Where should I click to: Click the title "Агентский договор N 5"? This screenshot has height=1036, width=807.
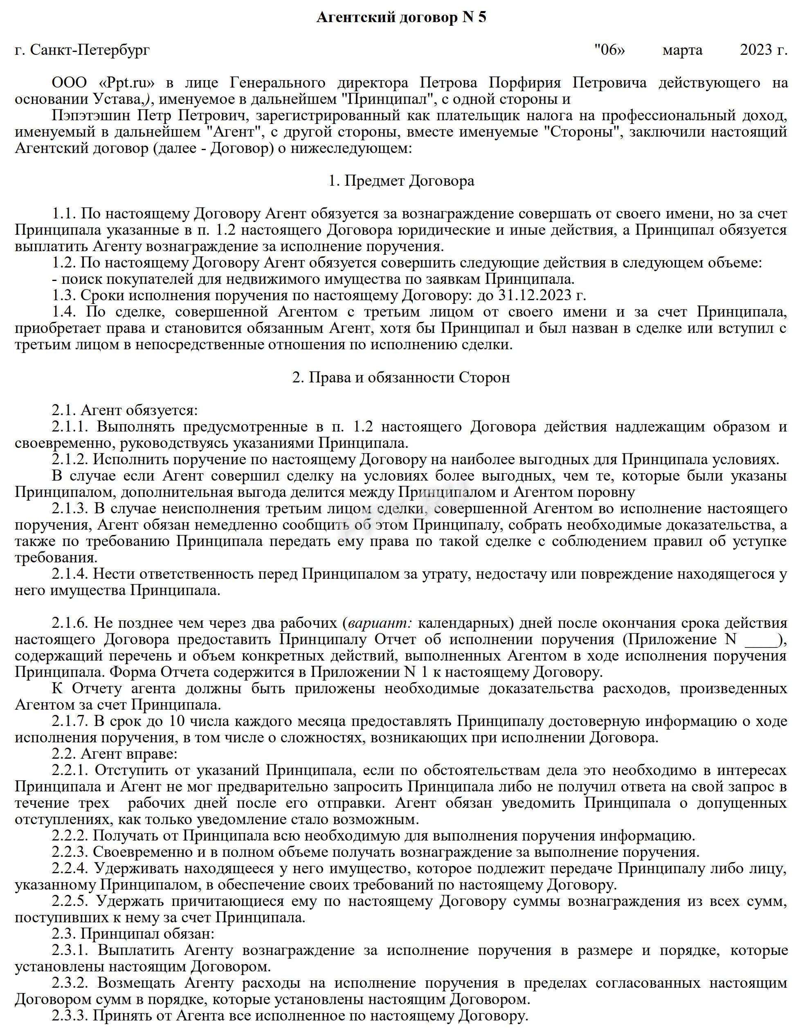point(401,18)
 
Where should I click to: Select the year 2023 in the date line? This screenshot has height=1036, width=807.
point(757,50)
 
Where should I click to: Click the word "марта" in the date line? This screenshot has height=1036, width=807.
point(682,50)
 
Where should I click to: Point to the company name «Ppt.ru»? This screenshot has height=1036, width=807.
point(128,83)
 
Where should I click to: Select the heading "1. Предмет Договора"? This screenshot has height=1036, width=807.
point(401,181)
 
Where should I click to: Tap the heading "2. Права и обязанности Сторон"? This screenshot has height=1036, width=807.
point(401,378)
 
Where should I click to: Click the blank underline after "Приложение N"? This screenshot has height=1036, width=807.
point(762,640)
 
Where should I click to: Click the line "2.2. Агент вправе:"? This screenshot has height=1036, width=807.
point(115,754)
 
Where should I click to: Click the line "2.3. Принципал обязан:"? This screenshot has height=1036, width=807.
point(133,935)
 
